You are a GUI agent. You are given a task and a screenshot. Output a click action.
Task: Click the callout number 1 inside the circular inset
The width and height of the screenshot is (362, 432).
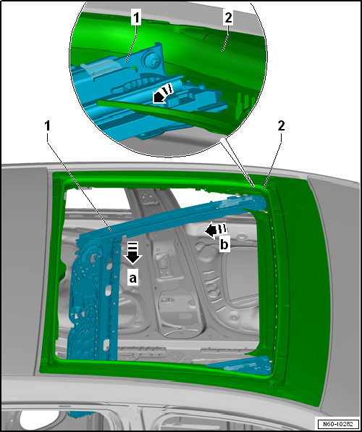click(x=136, y=18)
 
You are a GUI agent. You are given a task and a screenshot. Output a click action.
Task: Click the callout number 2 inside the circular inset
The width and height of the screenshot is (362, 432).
click(x=228, y=18)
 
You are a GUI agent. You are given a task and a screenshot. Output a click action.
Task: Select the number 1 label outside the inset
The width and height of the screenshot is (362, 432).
click(x=48, y=126)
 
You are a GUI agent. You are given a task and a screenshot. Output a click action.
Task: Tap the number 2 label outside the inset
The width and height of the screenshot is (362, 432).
click(x=281, y=126)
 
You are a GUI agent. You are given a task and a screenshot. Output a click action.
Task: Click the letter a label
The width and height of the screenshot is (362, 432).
click(x=132, y=278)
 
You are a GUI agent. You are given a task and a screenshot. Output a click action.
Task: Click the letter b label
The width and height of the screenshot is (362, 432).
click(x=224, y=245)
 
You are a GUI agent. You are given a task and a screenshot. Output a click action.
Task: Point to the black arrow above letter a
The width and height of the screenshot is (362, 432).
click(x=132, y=253)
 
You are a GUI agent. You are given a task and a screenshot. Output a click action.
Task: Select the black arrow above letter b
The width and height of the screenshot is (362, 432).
click(x=215, y=230)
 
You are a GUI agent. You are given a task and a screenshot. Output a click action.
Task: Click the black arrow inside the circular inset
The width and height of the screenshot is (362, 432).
click(x=162, y=94)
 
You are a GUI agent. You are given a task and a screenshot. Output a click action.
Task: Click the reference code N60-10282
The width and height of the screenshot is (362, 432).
click(x=337, y=423)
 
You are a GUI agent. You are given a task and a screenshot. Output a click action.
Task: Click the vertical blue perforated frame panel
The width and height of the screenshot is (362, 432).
click(x=93, y=299)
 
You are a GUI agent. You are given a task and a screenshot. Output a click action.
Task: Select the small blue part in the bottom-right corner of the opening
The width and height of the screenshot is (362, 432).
click(x=243, y=365)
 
